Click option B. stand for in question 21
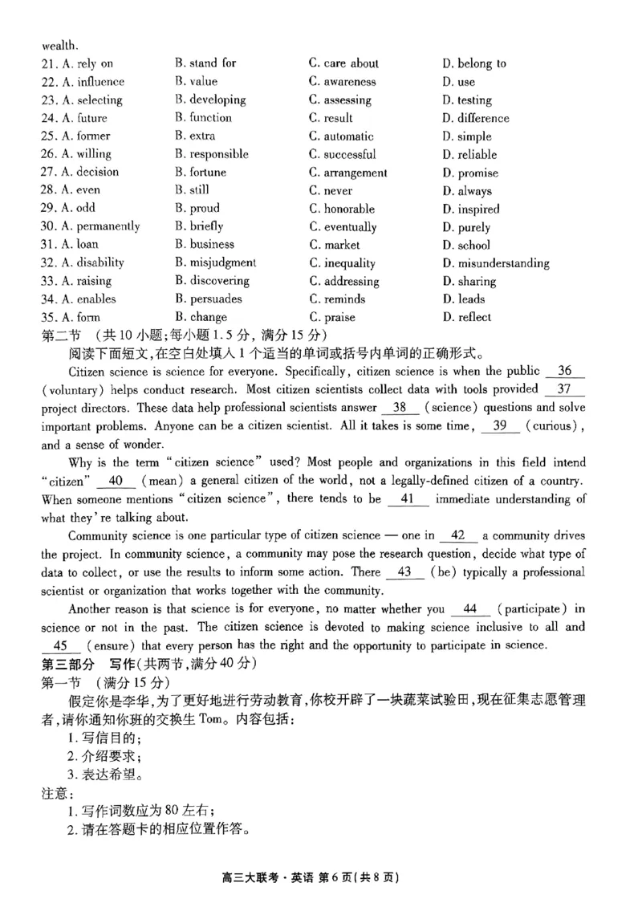click(x=205, y=63)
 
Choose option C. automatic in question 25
click(x=341, y=136)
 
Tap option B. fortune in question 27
click(x=201, y=173)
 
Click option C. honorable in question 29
click(x=342, y=209)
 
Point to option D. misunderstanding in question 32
click(x=495, y=263)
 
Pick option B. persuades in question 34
click(x=208, y=299)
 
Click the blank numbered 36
click(x=565, y=372)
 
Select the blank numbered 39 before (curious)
click(x=500, y=426)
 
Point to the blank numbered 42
click(x=459, y=535)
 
